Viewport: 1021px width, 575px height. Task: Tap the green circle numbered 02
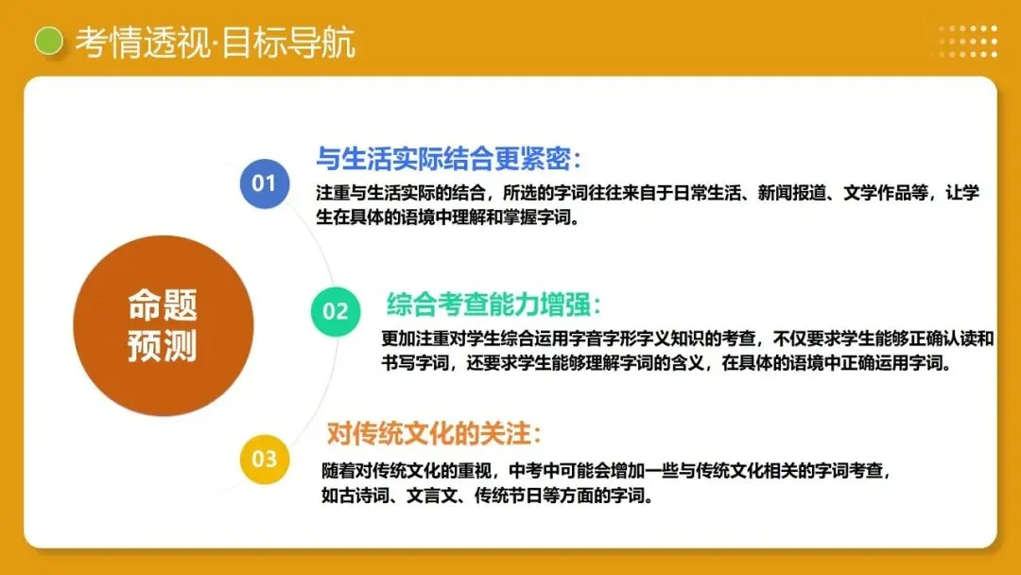pos(336,310)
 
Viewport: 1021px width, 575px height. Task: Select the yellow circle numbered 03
pos(264,460)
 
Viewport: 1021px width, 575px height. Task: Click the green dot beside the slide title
pos(48,41)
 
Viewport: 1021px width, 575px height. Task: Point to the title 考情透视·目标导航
pos(215,43)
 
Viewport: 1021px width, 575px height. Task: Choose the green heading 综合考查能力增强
pos(493,305)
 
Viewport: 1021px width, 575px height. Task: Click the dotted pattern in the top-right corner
pos(967,41)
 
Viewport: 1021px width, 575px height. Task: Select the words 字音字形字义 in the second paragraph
pos(606,339)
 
